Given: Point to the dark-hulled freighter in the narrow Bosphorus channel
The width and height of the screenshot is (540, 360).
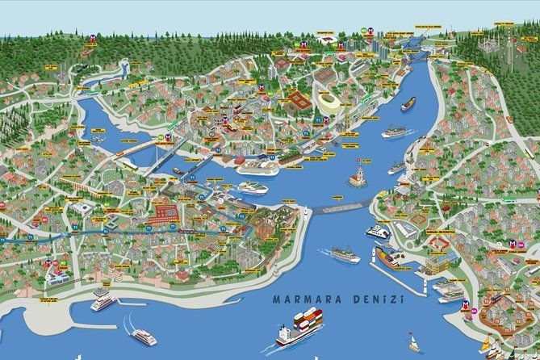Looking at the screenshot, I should tap(408, 104).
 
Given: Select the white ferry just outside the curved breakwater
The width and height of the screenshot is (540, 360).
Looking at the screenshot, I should tap(345, 254).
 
